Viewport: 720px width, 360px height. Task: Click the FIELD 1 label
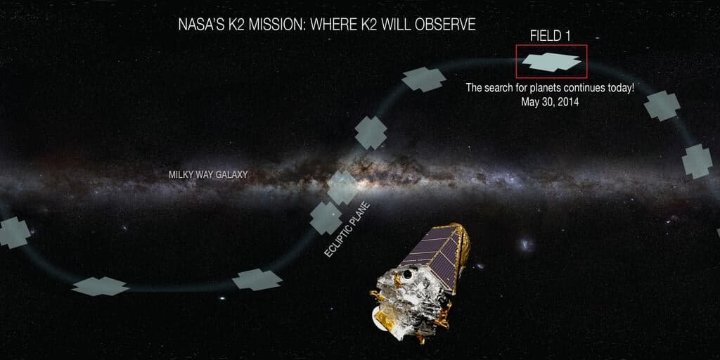550,37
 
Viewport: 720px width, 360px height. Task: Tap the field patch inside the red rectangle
551,62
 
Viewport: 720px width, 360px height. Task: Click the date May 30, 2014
550,103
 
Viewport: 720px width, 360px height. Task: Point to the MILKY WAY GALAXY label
208,175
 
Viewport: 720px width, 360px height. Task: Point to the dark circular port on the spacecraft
407,275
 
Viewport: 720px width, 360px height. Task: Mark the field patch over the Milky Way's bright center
342,187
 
